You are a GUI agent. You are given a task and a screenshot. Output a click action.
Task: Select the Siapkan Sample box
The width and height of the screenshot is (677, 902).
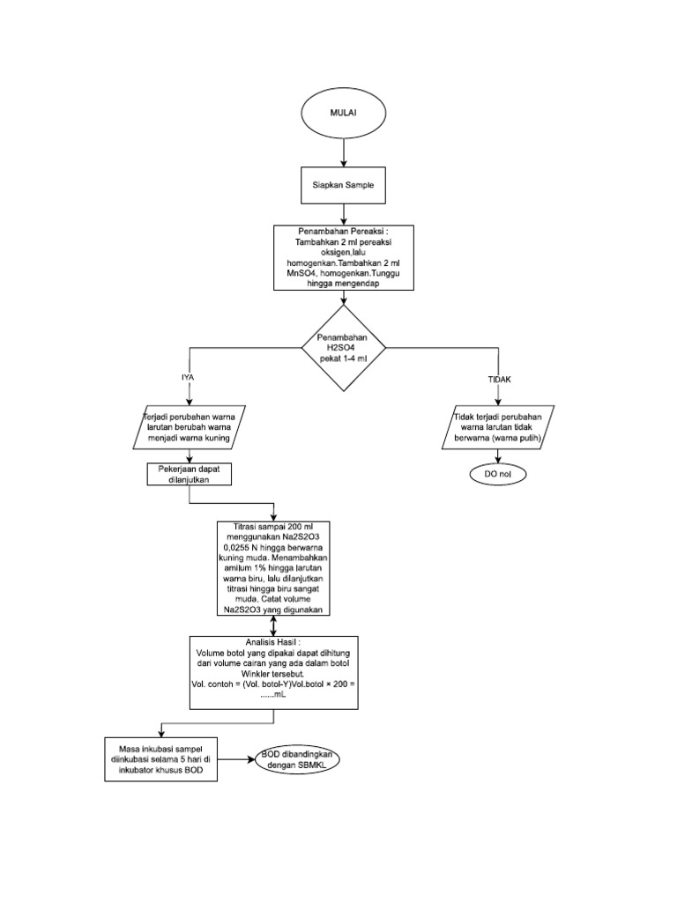coord(342,187)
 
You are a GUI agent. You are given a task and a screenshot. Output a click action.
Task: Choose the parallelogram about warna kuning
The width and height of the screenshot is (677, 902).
coord(191,426)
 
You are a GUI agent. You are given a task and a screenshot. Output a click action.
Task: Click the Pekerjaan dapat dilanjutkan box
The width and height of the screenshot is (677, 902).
coord(187,476)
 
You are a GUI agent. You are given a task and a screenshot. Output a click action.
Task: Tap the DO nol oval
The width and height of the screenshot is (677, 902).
coord(499,475)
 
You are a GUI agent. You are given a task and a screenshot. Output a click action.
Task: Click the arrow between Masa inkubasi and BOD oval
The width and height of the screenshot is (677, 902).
coord(236,758)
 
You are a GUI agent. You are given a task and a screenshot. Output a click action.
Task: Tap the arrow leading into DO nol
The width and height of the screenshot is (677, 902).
coord(499,456)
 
